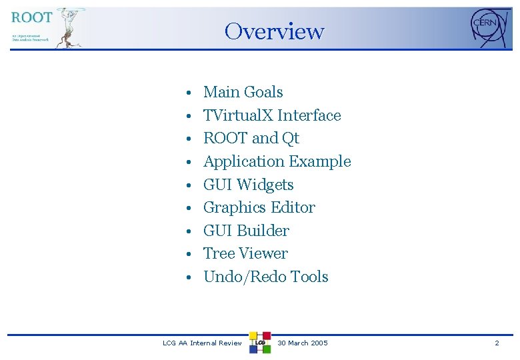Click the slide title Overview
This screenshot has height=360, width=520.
(x=274, y=31)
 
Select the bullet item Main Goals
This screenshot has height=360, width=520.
(x=243, y=92)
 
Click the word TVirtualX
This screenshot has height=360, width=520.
(x=238, y=115)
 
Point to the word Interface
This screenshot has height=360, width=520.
(x=309, y=115)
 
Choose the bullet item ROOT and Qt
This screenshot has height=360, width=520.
(x=251, y=138)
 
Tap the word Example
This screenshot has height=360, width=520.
(x=320, y=161)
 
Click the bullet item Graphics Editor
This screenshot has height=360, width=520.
(x=259, y=207)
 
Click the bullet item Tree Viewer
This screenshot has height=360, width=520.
(x=245, y=253)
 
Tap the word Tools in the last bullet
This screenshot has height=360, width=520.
(x=309, y=277)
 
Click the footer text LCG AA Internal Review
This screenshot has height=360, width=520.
(x=203, y=343)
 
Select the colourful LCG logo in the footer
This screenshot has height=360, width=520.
(x=260, y=342)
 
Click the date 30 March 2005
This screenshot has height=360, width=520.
(x=303, y=343)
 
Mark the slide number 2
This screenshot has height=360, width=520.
(x=497, y=343)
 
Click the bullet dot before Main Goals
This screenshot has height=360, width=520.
(x=190, y=93)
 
